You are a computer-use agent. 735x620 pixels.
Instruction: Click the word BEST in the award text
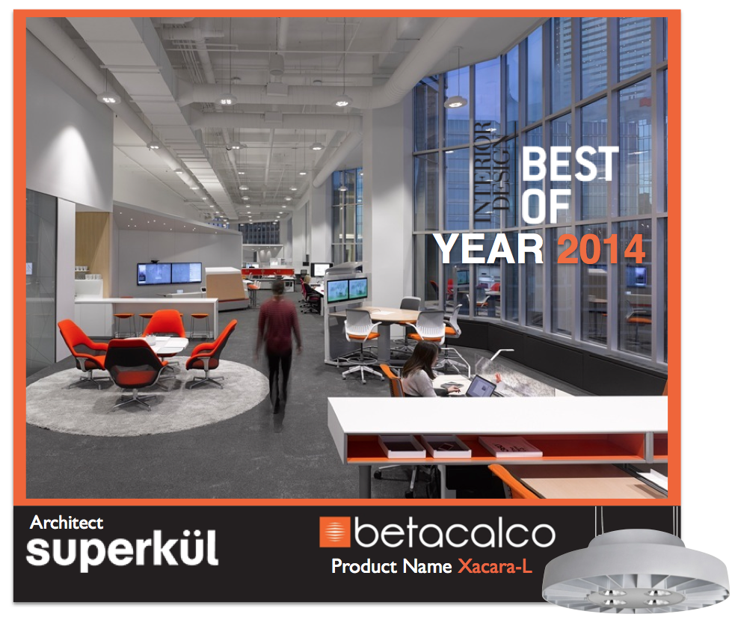pyautogui.click(x=571, y=164)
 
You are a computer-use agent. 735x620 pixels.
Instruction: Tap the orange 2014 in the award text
pyautogui.click(x=601, y=248)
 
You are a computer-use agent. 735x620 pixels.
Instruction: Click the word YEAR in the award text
pyautogui.click(x=490, y=248)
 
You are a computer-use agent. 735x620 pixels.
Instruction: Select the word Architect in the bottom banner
pyautogui.click(x=67, y=523)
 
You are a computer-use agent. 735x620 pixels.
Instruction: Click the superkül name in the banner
pyautogui.click(x=122, y=551)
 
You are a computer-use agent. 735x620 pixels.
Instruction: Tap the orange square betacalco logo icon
pyautogui.click(x=334, y=532)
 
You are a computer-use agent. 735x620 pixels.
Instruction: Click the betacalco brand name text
pyautogui.click(x=455, y=533)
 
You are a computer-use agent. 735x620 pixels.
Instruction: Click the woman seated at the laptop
pyautogui.click(x=423, y=369)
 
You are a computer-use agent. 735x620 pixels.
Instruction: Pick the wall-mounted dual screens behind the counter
pyautogui.click(x=169, y=273)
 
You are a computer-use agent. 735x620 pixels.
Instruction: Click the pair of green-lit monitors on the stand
pyautogui.click(x=348, y=289)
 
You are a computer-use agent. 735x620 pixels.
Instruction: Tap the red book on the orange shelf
pyautogui.click(x=510, y=447)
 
